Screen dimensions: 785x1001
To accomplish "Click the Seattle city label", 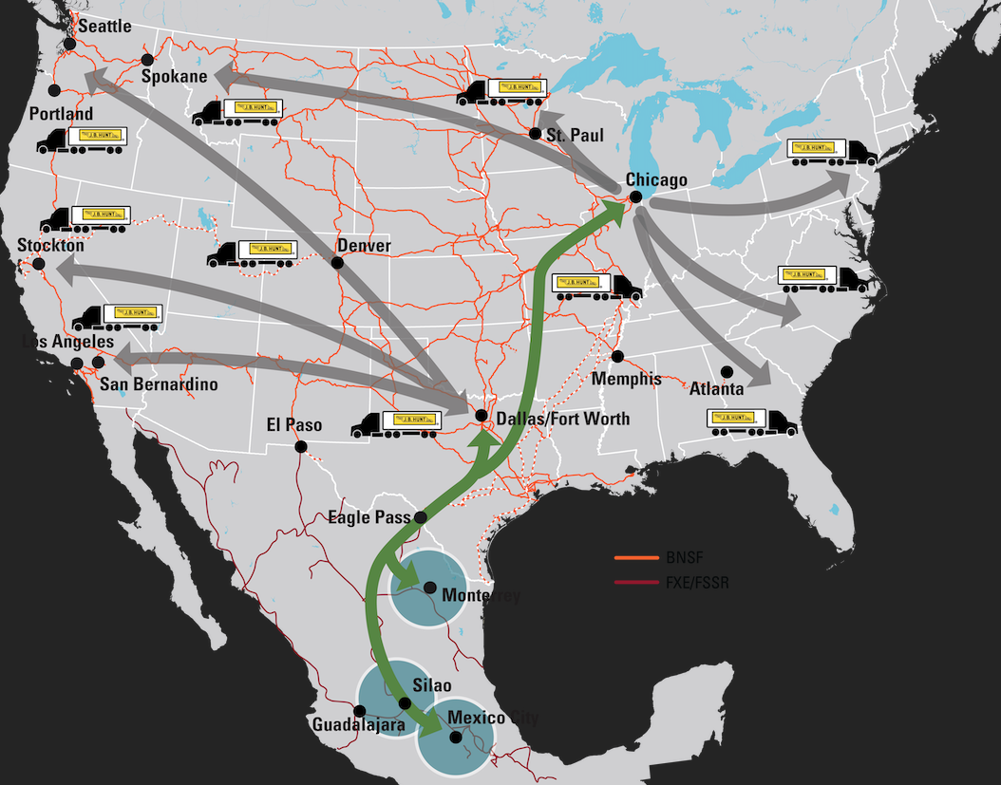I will pyautogui.click(x=104, y=27).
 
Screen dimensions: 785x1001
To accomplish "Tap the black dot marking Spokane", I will pyautogui.click(x=147, y=60).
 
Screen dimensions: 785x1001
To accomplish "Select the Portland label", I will pyautogui.click(x=61, y=114).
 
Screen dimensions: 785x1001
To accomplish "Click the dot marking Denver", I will pyautogui.click(x=336, y=263).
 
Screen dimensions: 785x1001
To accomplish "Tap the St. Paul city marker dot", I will pyautogui.click(x=536, y=134).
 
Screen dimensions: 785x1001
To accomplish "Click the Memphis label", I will pyautogui.click(x=626, y=379).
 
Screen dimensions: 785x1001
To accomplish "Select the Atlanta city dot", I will pyautogui.click(x=727, y=371).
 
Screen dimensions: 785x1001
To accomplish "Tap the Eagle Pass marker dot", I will pyautogui.click(x=421, y=518).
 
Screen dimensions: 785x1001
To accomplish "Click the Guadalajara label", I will pyautogui.click(x=358, y=725).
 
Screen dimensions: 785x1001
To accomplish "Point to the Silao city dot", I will pyautogui.click(x=405, y=703).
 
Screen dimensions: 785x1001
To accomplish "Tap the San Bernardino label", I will pyautogui.click(x=159, y=384).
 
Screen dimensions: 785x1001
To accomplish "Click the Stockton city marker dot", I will pyautogui.click(x=38, y=264).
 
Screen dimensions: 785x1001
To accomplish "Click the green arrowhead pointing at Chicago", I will pyautogui.click(x=614, y=211).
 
